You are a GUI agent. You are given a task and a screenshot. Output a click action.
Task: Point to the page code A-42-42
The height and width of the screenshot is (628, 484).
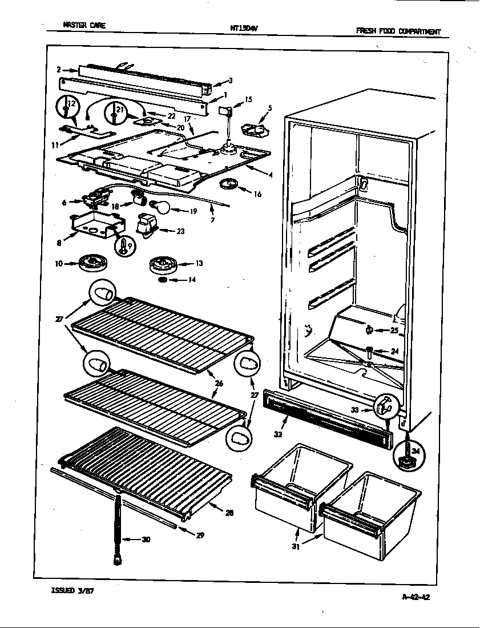[x=416, y=598]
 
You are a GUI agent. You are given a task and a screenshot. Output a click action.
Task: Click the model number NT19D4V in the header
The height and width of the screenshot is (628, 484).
[x=243, y=26]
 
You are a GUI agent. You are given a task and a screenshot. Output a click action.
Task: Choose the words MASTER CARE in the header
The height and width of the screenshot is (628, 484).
[x=84, y=25]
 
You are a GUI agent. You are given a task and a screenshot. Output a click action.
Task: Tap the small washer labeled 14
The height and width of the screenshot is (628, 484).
[x=163, y=281]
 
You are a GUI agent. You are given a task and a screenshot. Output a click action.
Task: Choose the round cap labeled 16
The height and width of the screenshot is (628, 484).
[x=228, y=186]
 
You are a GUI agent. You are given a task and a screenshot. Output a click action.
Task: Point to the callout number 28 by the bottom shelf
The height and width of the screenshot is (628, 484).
[x=228, y=513]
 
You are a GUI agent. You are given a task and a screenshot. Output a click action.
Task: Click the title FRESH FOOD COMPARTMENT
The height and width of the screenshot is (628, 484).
[x=398, y=31]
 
